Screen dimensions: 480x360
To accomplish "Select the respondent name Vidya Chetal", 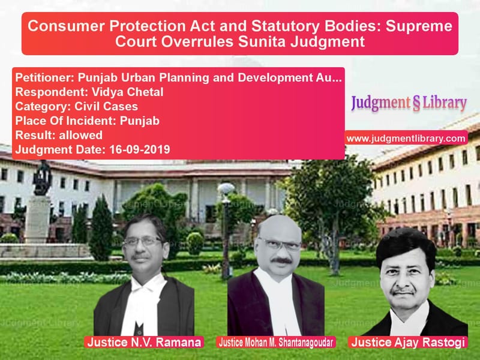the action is coord(127,92).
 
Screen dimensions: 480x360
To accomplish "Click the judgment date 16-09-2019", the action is coord(140,149).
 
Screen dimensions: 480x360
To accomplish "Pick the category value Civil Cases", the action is coord(106,106).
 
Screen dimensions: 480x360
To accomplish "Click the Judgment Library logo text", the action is coord(409,103).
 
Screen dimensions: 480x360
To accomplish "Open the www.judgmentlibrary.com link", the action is coord(406,139).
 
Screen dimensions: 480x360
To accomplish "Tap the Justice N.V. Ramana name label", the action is coord(144,342).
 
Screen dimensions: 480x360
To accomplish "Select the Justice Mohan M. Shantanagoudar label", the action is coord(276,342).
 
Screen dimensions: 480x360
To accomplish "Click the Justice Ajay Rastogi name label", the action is coord(408,342).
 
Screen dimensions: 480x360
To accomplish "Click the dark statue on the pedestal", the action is coord(42,178).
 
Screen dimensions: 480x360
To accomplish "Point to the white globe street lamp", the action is coord(226,189).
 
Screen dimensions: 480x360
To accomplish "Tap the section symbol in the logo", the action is coord(416,103).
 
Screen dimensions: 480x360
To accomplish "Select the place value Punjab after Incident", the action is coord(140,121).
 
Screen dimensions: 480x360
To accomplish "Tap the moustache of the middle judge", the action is coord(281,260).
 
